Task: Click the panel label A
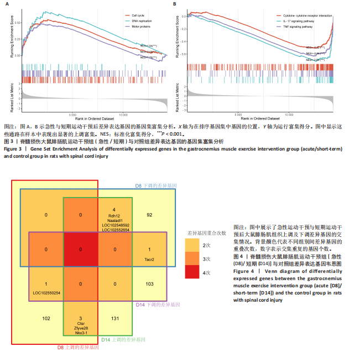click(6, 4)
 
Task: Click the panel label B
click(175, 4)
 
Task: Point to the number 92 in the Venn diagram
click(149, 214)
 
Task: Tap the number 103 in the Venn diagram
click(149, 283)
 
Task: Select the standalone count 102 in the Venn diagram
click(46, 318)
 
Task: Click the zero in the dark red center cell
click(81, 249)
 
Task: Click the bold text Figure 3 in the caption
click(12, 149)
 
